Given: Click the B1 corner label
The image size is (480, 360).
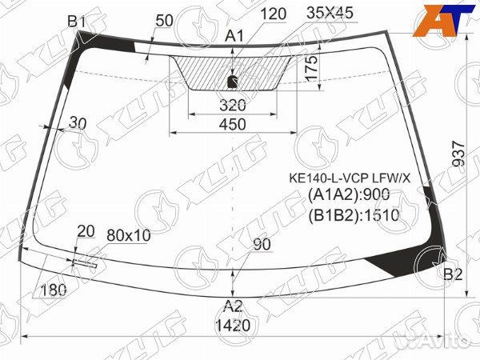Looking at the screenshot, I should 76,22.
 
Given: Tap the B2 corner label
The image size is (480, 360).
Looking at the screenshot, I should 454,275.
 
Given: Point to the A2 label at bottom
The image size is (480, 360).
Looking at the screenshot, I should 233,306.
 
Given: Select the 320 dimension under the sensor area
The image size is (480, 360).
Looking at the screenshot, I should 232,105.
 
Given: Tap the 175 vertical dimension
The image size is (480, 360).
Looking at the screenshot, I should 313,75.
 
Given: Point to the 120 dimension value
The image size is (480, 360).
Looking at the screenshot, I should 273,13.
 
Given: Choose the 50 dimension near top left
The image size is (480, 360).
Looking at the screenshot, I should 165,20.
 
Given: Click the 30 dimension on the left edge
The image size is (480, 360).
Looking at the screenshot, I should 78,122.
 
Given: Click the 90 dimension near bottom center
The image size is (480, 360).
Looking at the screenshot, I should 262,245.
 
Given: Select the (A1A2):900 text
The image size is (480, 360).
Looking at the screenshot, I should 349,195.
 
